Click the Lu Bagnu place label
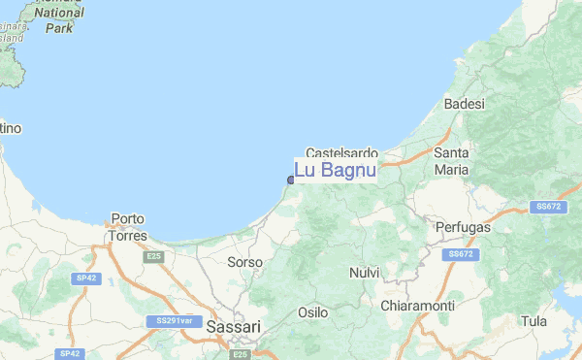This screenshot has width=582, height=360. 335,172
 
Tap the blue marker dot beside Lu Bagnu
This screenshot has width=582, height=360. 291,180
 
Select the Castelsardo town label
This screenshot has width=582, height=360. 341,153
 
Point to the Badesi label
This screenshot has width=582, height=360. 464,104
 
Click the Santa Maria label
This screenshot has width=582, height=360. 452,162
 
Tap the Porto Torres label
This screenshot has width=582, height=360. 128,227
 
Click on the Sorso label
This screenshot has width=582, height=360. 244,263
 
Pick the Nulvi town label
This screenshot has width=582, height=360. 364,273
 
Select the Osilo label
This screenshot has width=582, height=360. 312,312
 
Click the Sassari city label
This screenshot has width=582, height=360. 234,328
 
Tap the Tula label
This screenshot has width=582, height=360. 533,320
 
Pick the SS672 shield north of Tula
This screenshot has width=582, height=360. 548,207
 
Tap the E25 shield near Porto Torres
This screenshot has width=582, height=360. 153,256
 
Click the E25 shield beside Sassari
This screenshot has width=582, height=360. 242,355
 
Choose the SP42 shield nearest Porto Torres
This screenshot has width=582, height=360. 86,278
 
